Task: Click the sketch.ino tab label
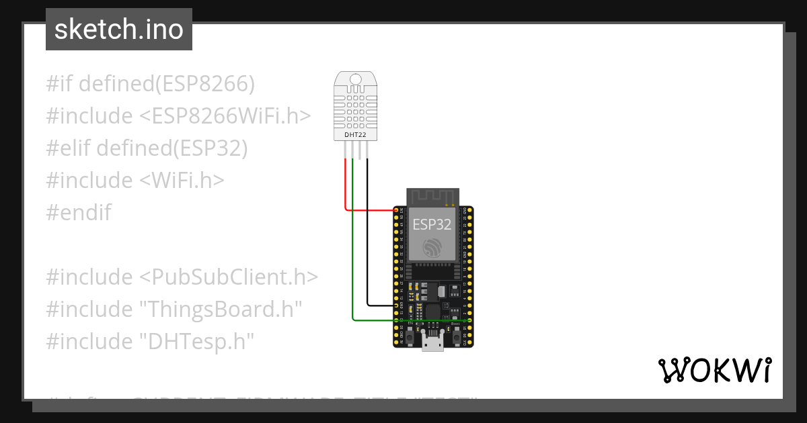click(118, 30)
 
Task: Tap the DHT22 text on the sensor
click(355, 135)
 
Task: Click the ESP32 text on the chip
click(432, 224)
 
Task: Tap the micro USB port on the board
click(432, 342)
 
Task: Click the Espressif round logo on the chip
click(432, 249)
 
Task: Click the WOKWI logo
click(714, 370)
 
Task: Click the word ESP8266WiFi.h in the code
click(225, 116)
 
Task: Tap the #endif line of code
click(79, 213)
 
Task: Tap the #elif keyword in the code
click(69, 148)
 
